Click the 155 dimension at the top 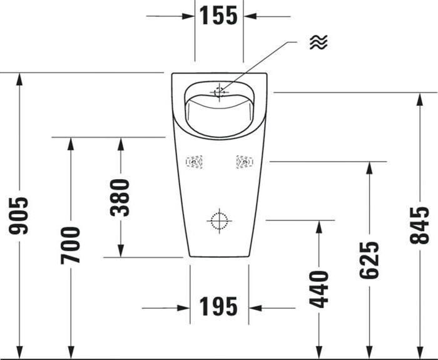point(219,16)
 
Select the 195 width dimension point(219,307)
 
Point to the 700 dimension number point(70,245)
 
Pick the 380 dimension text point(120,197)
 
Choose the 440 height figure point(318,289)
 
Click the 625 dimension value point(369,260)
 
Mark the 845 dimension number point(420,225)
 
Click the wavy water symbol point(318,42)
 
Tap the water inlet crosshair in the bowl point(219,92)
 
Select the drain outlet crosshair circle point(218,220)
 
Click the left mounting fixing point point(195,163)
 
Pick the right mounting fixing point point(243,163)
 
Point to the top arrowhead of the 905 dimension point(19,79)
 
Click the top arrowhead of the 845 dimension point(420,99)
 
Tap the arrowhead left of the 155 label point(188,16)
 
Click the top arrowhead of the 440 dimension point(318,227)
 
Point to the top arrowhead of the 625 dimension point(369,168)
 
